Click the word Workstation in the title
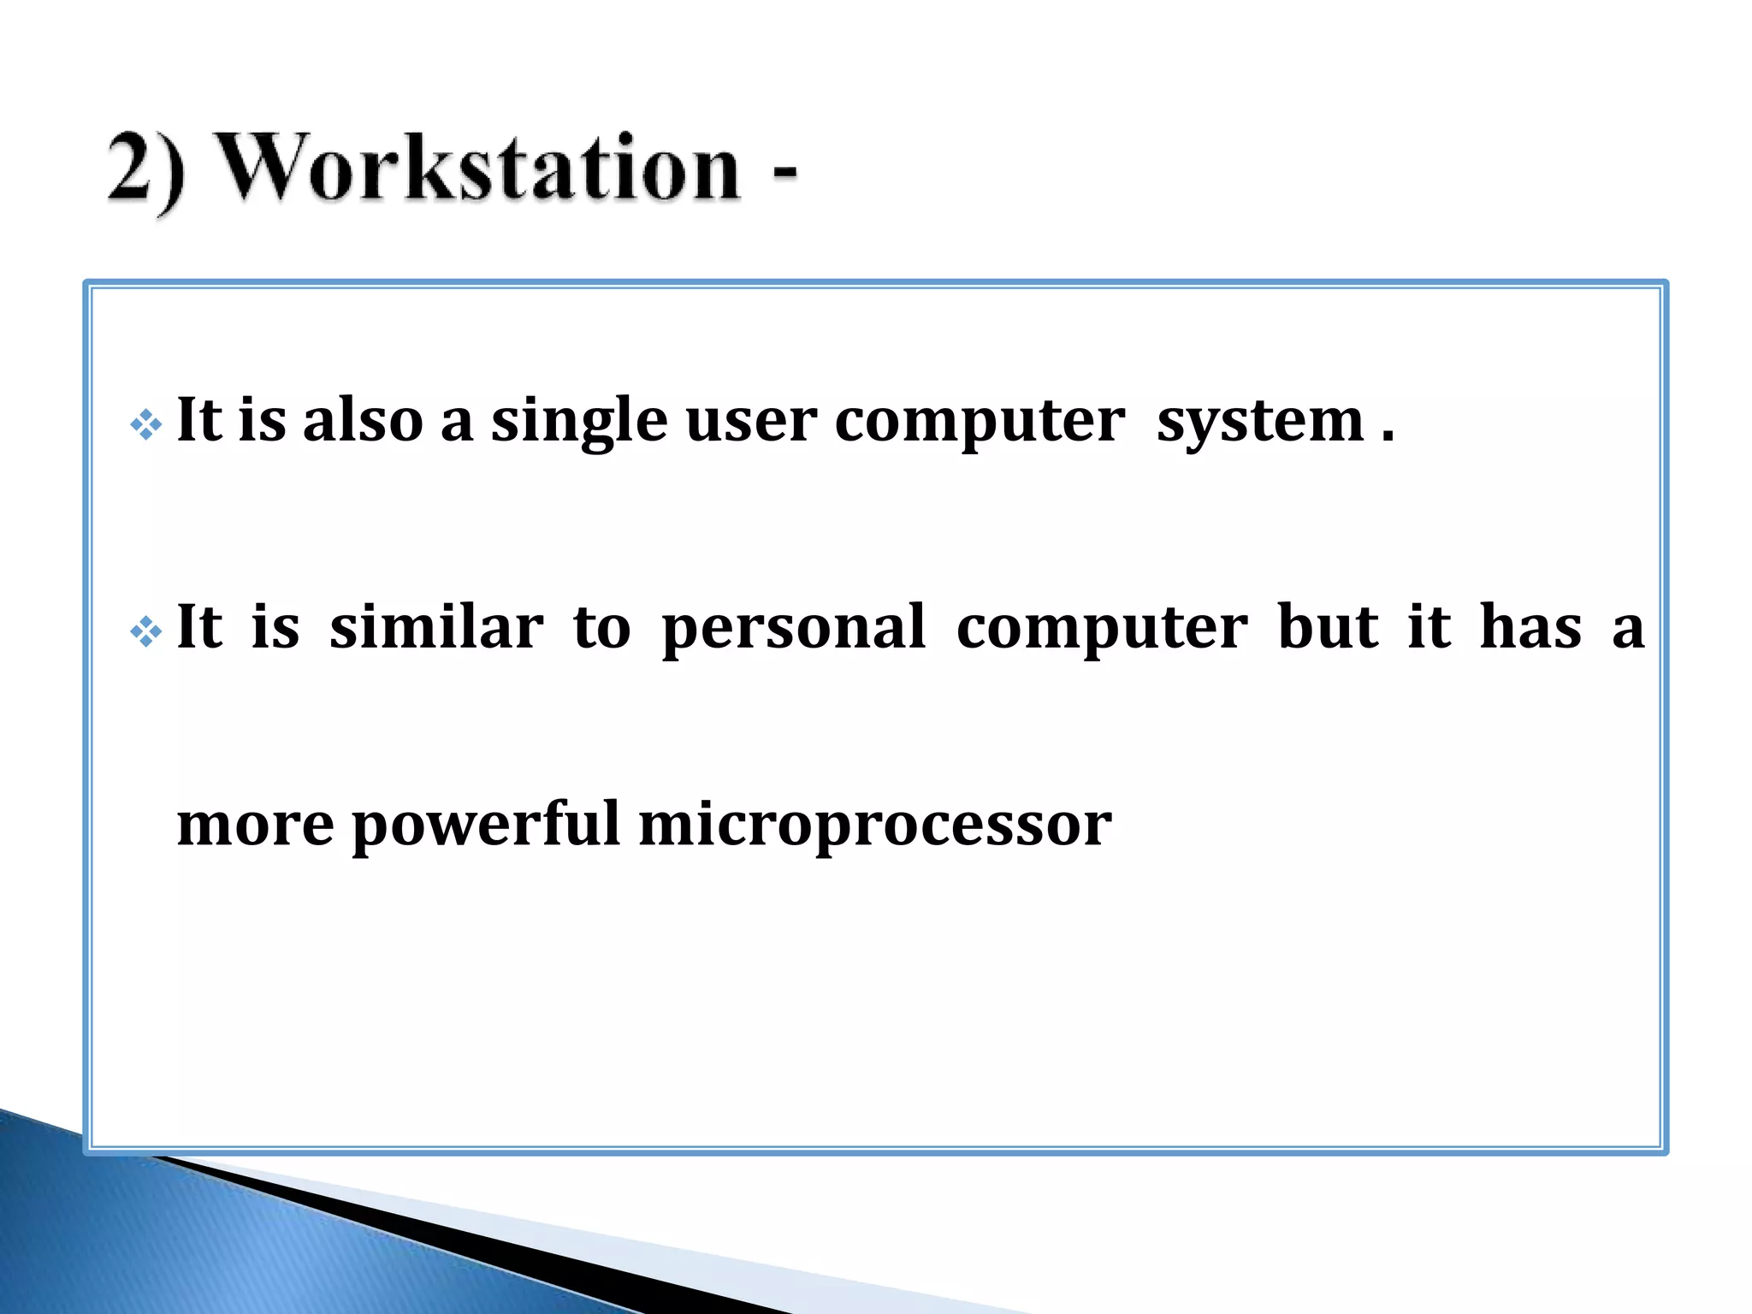point(479,168)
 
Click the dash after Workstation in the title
point(784,171)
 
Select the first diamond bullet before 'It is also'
point(146,424)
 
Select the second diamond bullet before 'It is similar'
point(146,632)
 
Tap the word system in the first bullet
point(1260,423)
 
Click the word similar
point(436,626)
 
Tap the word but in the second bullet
point(1328,626)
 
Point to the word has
point(1530,626)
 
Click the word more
point(255,825)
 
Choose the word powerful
point(485,825)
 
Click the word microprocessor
point(874,826)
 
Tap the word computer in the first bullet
point(980,423)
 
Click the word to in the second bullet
point(601,628)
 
